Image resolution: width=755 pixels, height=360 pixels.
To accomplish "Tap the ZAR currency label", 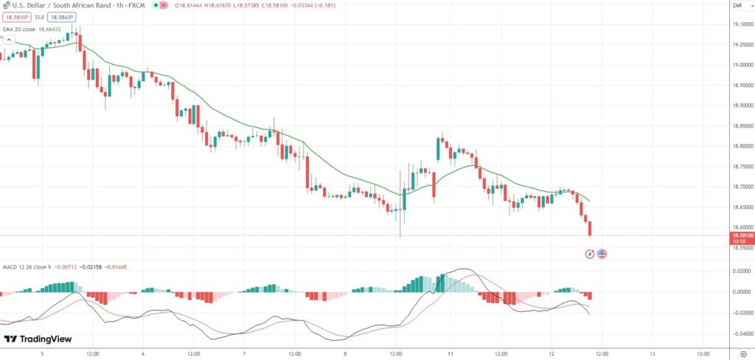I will click(736, 6).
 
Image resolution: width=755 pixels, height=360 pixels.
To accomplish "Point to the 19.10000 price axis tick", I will click(740, 24).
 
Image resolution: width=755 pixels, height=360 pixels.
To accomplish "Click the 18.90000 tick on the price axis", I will click(740, 105).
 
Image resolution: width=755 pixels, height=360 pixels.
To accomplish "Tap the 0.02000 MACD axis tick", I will click(740, 271).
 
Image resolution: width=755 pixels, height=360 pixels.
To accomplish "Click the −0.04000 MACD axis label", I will click(739, 333).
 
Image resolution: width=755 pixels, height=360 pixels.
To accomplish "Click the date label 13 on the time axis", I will click(653, 353).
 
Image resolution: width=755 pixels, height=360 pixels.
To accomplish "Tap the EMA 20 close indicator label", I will click(18, 29).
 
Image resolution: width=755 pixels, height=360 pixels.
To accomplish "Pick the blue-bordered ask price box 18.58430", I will click(63, 16).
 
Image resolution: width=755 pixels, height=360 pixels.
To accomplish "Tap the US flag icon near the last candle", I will click(602, 254).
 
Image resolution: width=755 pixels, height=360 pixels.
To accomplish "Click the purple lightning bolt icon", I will click(590, 254).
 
